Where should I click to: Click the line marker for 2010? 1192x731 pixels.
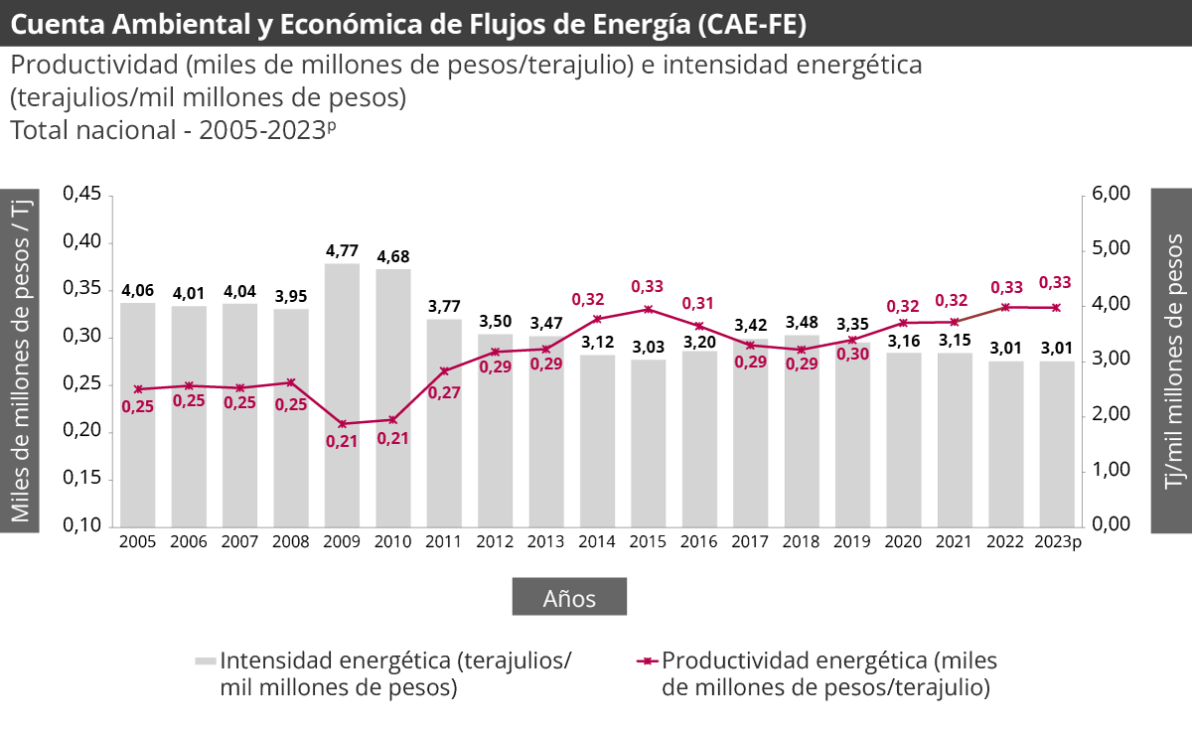[x=392, y=420]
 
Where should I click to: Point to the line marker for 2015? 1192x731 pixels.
[x=649, y=309]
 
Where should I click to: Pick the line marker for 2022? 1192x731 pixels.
[x=1005, y=307]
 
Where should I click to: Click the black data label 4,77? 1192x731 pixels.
[x=342, y=251]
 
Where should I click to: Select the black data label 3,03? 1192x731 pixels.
[x=649, y=347]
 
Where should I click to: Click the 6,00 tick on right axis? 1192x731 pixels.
[x=1111, y=194]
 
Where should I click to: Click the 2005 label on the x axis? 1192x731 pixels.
[x=137, y=541]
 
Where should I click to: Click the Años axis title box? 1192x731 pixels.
[x=569, y=598]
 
